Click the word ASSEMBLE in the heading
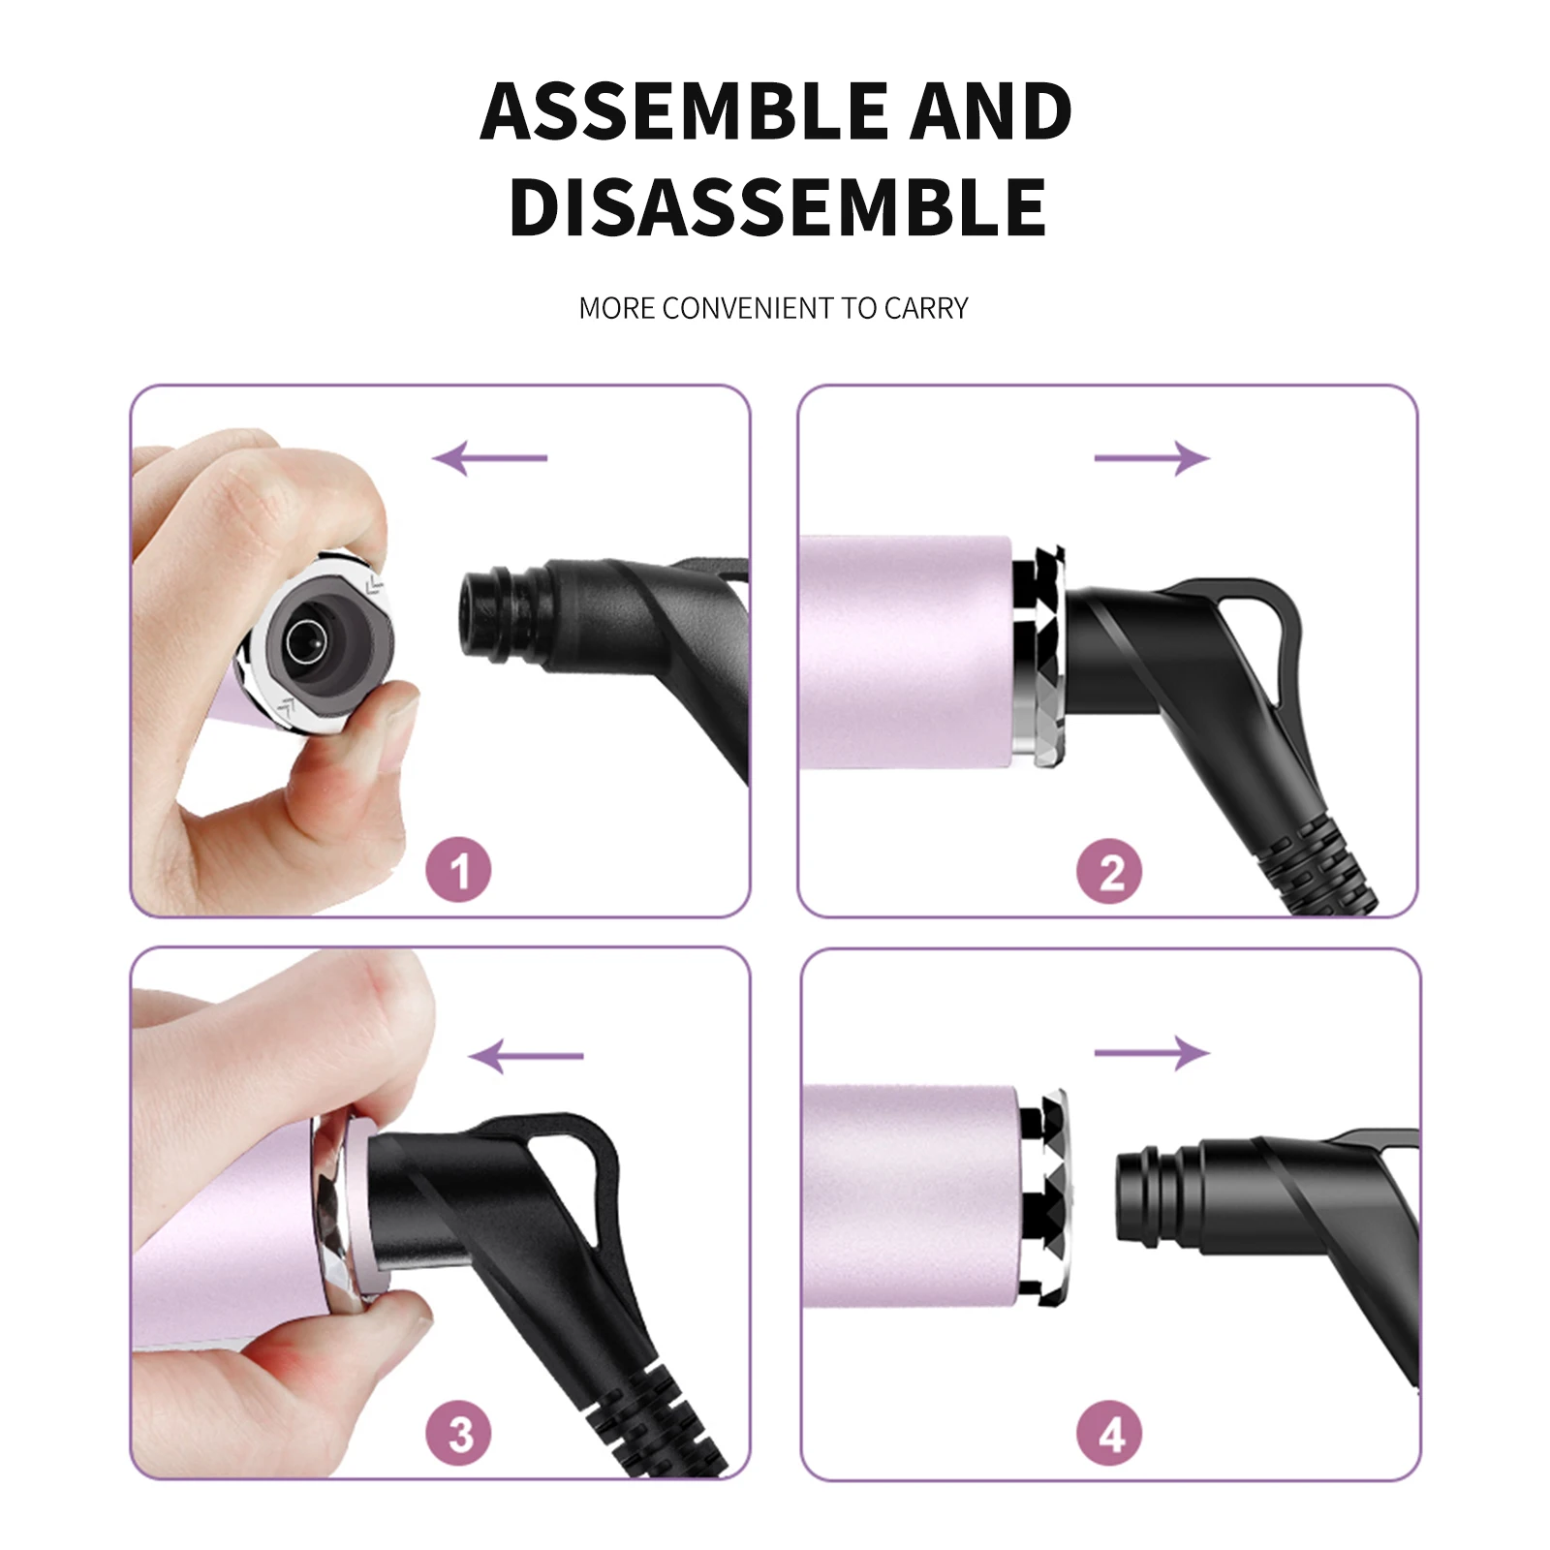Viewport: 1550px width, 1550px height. pyautogui.click(x=684, y=111)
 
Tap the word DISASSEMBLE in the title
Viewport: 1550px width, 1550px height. pyautogui.click(x=777, y=208)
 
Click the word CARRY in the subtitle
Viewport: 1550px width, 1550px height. pyautogui.click(x=926, y=308)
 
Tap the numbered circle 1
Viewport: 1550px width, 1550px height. pyautogui.click(x=458, y=869)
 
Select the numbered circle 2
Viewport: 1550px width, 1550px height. pyautogui.click(x=1109, y=871)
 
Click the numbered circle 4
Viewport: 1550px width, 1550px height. pyautogui.click(x=1109, y=1433)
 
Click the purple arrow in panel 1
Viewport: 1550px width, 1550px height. pyautogui.click(x=490, y=457)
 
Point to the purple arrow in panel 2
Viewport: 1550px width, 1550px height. pyautogui.click(x=1152, y=457)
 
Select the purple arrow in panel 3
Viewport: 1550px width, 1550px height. pyautogui.click(x=526, y=1055)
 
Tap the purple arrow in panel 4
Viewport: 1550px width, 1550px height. pyautogui.click(x=1152, y=1052)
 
